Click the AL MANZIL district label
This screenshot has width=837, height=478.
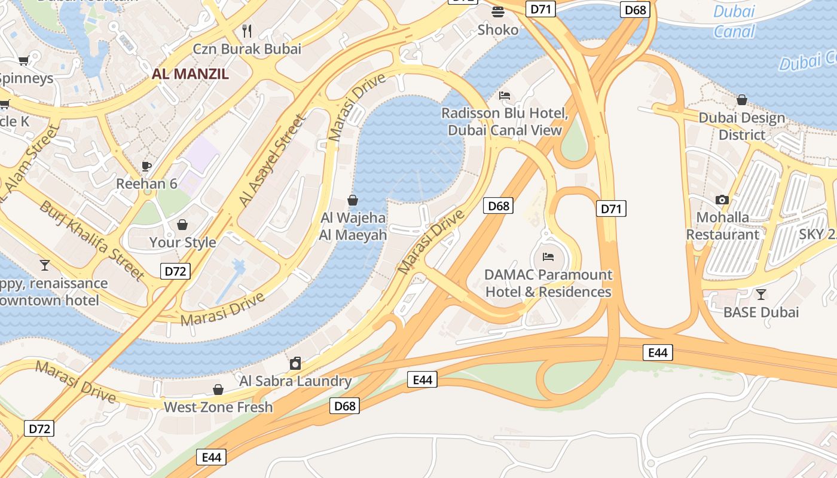pyautogui.click(x=190, y=74)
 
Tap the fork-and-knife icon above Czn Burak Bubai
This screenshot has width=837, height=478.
pyautogui.click(x=247, y=30)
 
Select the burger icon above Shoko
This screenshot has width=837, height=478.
pyautogui.click(x=498, y=11)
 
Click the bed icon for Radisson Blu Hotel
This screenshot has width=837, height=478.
pyautogui.click(x=505, y=96)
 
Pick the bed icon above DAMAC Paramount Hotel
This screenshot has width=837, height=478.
pyautogui.click(x=548, y=257)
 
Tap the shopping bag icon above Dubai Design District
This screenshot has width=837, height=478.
pyautogui.click(x=742, y=100)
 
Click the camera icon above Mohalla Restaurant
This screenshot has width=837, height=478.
pyautogui.click(x=722, y=200)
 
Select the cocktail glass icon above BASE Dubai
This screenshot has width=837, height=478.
pyautogui.click(x=760, y=294)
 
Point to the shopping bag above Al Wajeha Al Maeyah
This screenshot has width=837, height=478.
pyautogui.click(x=353, y=200)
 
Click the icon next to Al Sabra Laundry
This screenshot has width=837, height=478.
pyautogui.click(x=295, y=363)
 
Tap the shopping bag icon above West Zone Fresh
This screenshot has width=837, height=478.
pyautogui.click(x=218, y=390)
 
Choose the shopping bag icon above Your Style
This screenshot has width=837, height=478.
pyautogui.click(x=182, y=225)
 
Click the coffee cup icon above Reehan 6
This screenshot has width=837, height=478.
pyautogui.click(x=146, y=166)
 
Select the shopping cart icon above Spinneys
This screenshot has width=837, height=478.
pyautogui.click(x=23, y=60)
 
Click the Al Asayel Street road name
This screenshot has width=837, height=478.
pyautogui.click(x=272, y=161)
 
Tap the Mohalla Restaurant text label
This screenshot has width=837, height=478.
pyautogui.click(x=722, y=226)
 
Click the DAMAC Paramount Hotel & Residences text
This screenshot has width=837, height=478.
pyautogui.click(x=548, y=283)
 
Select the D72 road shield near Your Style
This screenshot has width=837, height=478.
pyautogui.click(x=175, y=271)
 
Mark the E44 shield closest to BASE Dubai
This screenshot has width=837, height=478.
pyautogui.click(x=658, y=353)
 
